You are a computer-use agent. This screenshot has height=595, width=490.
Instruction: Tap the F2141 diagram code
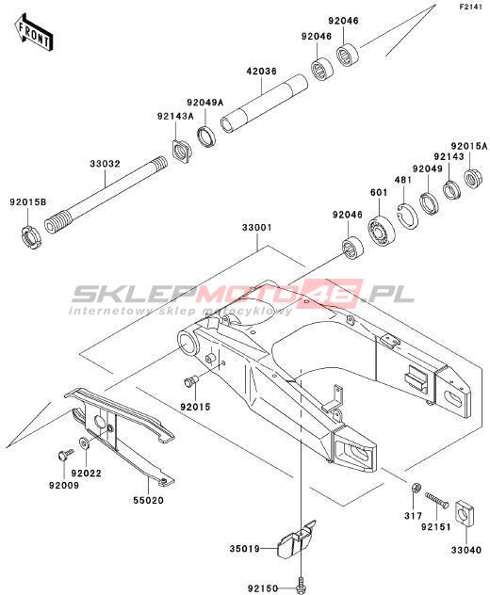(x=470, y=7)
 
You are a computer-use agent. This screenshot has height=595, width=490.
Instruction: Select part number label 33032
(x=105, y=164)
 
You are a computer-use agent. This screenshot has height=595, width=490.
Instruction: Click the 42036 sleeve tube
(x=265, y=104)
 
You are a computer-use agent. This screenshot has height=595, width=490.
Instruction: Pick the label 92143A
(x=175, y=116)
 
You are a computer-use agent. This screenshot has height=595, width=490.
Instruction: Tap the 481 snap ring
(x=405, y=217)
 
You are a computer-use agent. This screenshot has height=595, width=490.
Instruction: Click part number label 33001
(x=257, y=228)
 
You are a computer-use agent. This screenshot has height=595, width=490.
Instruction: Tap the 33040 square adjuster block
(x=465, y=514)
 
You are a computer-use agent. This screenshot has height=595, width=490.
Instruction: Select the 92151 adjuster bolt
(x=436, y=499)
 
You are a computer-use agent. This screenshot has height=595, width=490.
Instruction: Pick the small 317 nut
(x=416, y=488)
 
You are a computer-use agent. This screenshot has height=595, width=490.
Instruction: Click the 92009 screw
(x=65, y=454)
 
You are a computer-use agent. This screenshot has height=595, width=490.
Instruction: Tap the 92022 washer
(x=83, y=442)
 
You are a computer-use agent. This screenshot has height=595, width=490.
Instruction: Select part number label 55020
(x=148, y=501)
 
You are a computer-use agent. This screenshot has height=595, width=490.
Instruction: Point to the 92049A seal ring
(x=206, y=137)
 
